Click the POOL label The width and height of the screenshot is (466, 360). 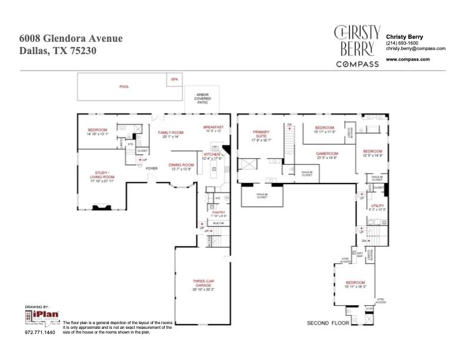click(124, 86)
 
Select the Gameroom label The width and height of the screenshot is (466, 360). click(327, 155)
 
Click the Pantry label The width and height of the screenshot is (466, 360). click(219, 214)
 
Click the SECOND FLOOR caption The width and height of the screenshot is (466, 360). click(328, 323)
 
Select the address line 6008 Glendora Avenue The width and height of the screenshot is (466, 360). click(71, 38)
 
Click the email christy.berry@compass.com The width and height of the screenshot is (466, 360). click(415, 49)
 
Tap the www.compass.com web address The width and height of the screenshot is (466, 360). click(407, 59)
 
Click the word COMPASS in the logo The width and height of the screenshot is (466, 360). click(357, 64)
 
